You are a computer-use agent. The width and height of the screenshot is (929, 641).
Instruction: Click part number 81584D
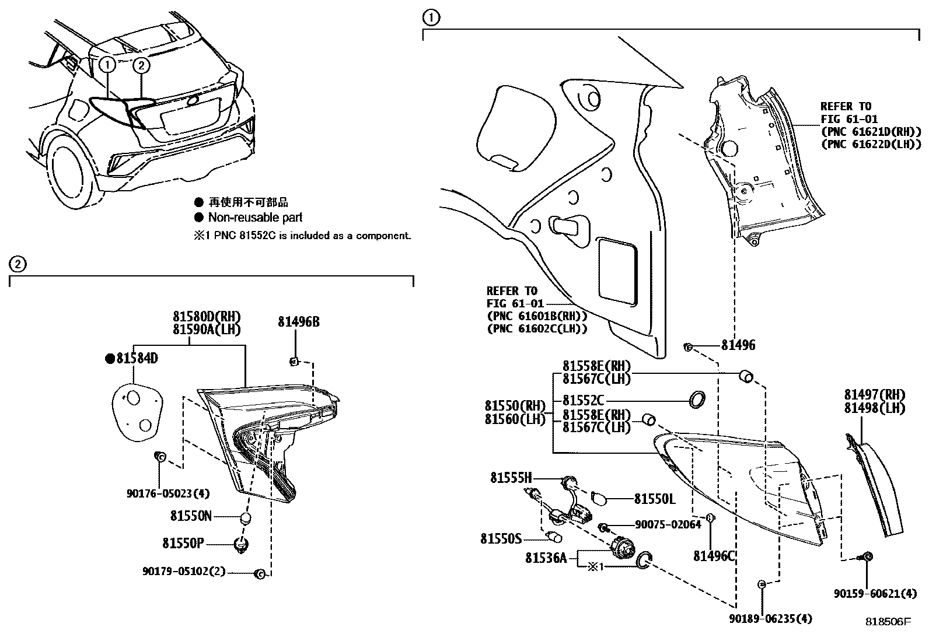point(137,359)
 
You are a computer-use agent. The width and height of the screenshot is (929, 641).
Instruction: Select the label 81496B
point(298,323)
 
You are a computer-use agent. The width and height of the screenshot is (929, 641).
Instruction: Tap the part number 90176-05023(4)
point(167,493)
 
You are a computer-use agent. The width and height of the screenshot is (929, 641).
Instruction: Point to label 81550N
point(191,516)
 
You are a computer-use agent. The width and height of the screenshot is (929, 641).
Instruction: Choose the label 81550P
point(183,543)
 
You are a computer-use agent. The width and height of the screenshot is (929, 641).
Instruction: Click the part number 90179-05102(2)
point(184,572)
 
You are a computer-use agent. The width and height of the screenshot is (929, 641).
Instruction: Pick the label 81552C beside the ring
point(583,401)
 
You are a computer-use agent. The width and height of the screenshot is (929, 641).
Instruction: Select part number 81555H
point(511,478)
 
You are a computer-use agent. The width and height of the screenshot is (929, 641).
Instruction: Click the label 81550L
point(654,499)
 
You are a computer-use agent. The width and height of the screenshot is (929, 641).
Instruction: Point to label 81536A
point(546,558)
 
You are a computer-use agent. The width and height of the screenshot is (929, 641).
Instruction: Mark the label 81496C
point(714,556)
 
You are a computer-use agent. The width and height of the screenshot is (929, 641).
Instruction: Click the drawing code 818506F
point(887,622)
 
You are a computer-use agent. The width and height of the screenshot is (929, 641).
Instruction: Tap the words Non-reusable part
point(255,218)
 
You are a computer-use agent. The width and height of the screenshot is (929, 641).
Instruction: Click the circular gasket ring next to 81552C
point(696,400)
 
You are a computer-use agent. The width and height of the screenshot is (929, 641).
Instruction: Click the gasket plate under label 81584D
point(136,409)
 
